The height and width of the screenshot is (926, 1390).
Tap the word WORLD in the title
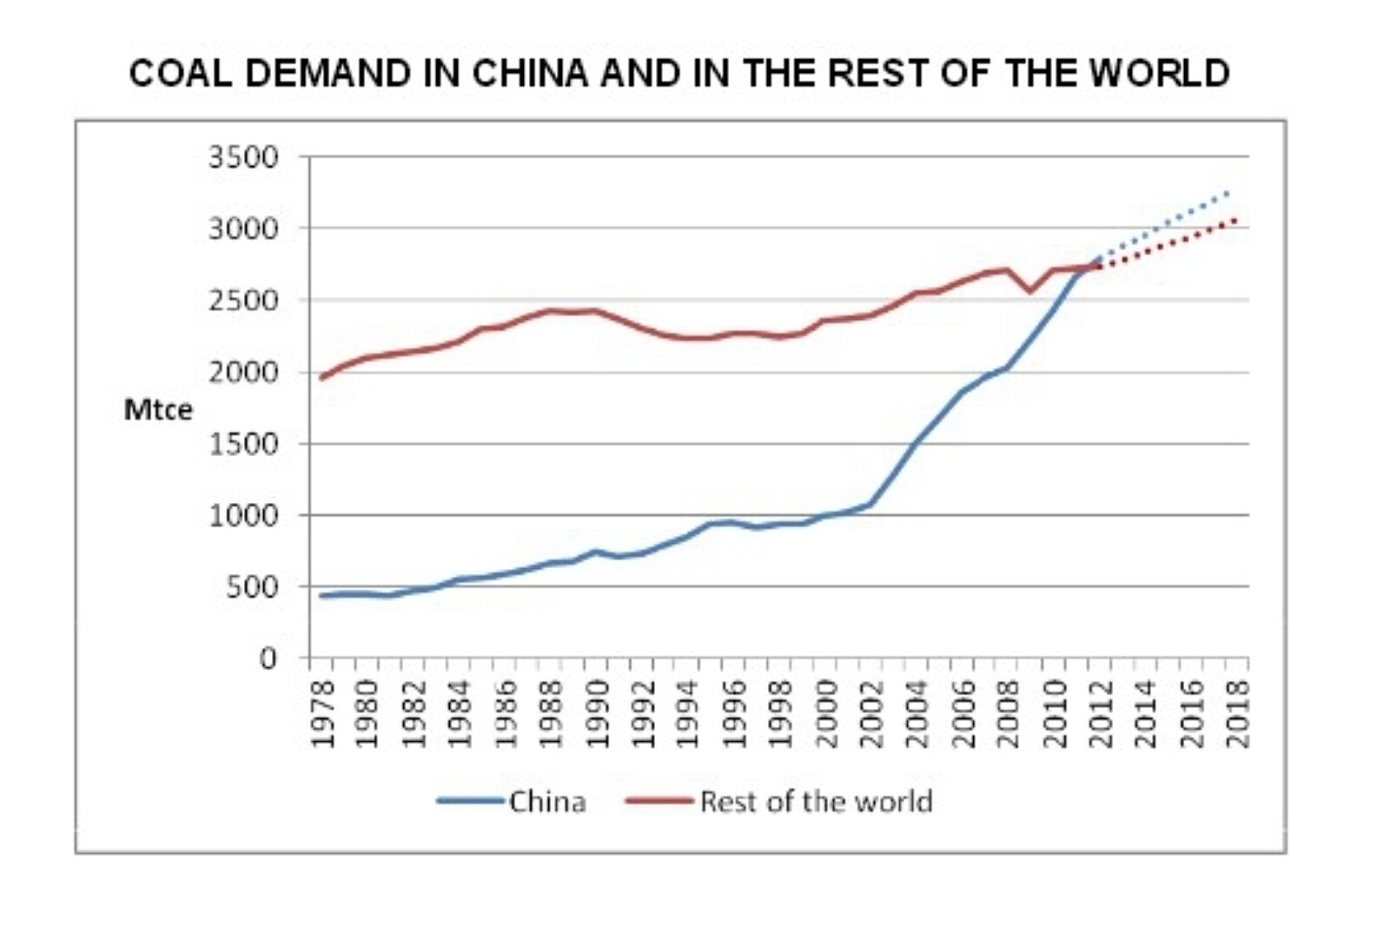(x=1160, y=73)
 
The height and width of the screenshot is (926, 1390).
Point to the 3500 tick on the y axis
(x=243, y=157)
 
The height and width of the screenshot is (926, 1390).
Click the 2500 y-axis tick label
(x=243, y=301)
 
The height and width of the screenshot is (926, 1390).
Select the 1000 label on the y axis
(x=243, y=515)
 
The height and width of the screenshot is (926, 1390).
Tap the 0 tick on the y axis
(x=268, y=658)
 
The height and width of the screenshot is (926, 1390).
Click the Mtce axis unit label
(x=158, y=409)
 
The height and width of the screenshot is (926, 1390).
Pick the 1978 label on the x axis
(x=322, y=713)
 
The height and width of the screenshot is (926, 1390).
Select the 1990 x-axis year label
(x=597, y=713)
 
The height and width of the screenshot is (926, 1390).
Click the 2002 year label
(x=871, y=713)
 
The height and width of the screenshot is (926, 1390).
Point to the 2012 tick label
(x=1101, y=713)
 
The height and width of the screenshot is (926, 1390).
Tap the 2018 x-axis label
(x=1238, y=713)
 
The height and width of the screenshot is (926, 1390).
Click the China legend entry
(x=547, y=801)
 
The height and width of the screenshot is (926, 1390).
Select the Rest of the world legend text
(x=816, y=801)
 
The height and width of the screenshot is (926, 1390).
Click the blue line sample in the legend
(x=470, y=801)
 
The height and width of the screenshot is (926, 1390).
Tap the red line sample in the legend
(x=659, y=801)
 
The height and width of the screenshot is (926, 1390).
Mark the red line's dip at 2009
(x=1030, y=291)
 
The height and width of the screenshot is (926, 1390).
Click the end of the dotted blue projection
(x=1228, y=191)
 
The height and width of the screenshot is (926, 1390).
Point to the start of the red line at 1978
(x=321, y=378)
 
